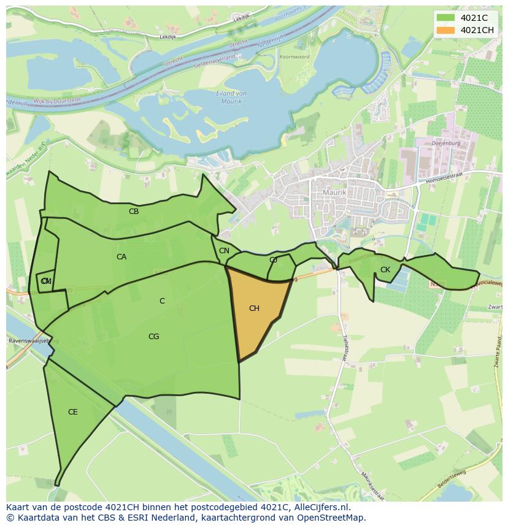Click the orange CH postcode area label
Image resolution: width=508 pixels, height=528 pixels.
tap(254, 308)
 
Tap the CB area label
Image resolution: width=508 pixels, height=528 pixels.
tap(134, 212)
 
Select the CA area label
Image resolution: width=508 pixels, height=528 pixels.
tap(121, 257)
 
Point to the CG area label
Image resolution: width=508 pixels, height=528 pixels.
tap(153, 337)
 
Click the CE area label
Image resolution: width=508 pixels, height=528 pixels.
tap(72, 412)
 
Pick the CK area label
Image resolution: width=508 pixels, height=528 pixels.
tap(385, 270)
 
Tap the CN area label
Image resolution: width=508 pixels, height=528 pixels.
tap(224, 251)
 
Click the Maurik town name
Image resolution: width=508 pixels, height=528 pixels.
tap(334, 193)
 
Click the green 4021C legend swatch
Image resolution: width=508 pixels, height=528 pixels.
tap(446, 18)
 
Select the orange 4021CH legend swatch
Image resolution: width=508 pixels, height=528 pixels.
tap(446, 30)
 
